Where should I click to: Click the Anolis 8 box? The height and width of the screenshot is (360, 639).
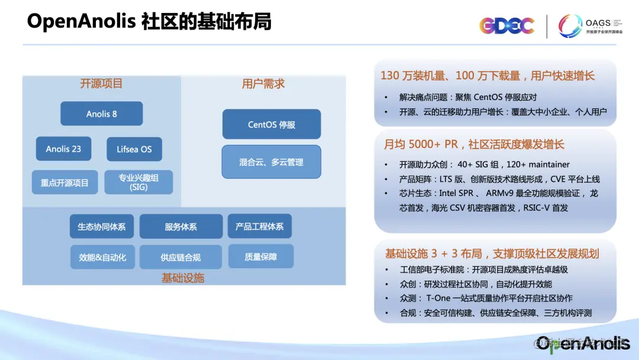(102, 114)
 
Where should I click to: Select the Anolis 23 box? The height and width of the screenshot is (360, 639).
(63, 149)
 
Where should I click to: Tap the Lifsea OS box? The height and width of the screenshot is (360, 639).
(134, 149)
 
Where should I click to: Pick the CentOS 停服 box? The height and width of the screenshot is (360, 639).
(272, 124)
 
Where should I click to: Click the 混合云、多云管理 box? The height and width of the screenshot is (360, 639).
(272, 162)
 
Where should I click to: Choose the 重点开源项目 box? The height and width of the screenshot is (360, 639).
(65, 182)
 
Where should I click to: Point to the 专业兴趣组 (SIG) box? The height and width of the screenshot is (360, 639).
(138, 182)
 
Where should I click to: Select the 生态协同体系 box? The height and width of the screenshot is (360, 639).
(102, 226)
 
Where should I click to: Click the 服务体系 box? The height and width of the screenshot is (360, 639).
(181, 226)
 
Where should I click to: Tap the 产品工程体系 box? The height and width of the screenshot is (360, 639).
(260, 226)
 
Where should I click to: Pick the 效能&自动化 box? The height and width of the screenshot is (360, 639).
(102, 257)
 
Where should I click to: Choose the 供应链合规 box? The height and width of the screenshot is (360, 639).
(180, 257)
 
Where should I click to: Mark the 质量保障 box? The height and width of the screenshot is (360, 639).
(261, 256)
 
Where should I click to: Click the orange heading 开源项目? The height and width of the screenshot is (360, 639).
(101, 83)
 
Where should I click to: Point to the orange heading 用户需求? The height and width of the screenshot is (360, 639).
(263, 84)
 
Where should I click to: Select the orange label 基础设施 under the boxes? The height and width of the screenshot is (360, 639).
(183, 278)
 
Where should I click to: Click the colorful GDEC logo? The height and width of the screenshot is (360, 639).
(506, 25)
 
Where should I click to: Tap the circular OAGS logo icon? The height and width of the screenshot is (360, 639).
(570, 25)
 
